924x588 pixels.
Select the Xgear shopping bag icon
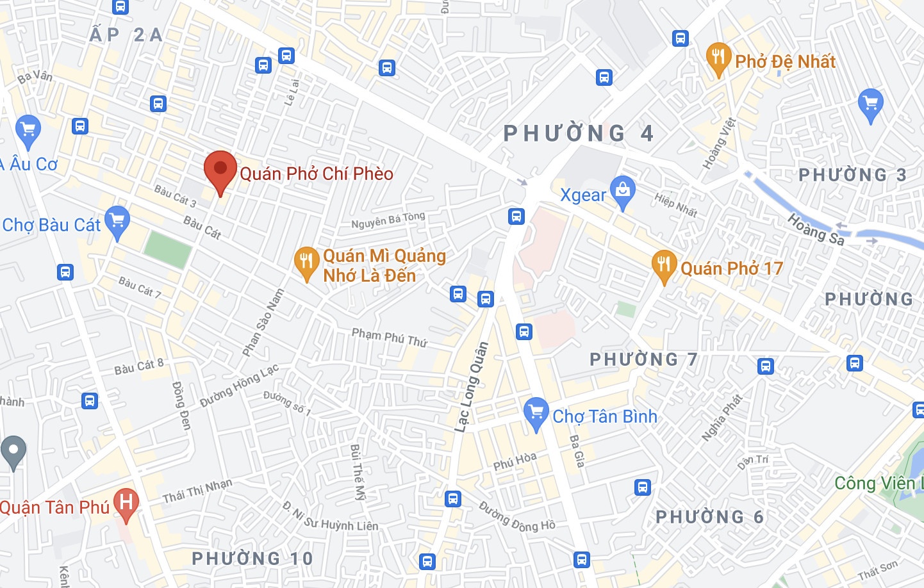point(622,191)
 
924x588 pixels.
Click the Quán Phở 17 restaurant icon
point(664,266)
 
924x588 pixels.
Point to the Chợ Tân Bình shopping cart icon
point(536,414)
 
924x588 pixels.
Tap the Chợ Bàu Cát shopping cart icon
point(117,222)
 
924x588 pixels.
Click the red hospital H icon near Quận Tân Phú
point(126,504)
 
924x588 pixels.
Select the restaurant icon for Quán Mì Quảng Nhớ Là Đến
point(307,263)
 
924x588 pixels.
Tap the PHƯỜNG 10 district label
point(252,559)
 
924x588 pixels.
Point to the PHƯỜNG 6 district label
point(709,517)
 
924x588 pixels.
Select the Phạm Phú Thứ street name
point(389,337)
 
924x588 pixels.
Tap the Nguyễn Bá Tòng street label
point(388,220)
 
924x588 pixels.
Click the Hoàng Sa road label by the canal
point(816,229)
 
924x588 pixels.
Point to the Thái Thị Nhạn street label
point(197,491)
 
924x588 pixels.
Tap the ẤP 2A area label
point(126,35)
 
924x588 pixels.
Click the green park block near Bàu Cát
point(168,249)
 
